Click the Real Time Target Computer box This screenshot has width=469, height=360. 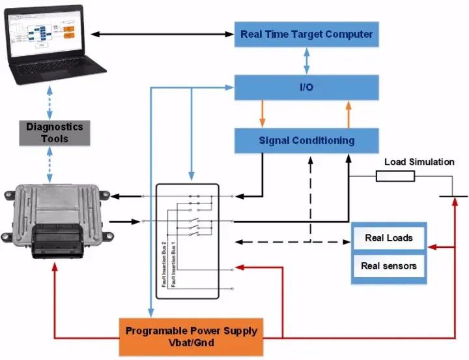[x=306, y=34]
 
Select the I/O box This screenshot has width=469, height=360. [x=306, y=87]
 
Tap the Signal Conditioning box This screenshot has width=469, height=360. [x=306, y=140]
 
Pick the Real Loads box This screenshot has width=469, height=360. [x=388, y=238]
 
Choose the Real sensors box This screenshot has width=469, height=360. [x=388, y=266]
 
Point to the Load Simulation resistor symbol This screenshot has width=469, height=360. [x=395, y=176]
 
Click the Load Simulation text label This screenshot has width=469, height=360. [x=419, y=162]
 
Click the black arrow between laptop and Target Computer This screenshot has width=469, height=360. [x=163, y=34]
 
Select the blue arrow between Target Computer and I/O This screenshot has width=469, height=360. [x=307, y=61]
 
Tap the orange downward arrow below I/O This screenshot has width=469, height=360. [x=263, y=113]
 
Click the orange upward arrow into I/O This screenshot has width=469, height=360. [x=348, y=113]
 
